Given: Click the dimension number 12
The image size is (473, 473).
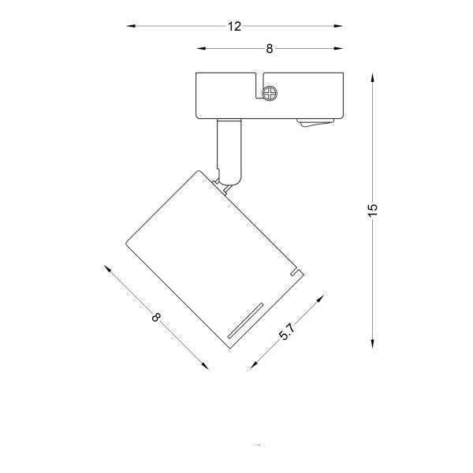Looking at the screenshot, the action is (234, 27).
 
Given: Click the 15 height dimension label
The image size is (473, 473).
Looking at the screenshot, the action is (373, 210).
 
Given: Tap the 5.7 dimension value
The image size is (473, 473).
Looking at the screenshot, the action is (287, 332).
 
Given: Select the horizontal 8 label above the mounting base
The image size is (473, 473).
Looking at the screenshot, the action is (270, 49).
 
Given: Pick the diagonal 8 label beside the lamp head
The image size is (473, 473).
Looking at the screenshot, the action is (156, 317).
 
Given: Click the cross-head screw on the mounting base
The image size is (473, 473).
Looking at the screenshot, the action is (270, 93).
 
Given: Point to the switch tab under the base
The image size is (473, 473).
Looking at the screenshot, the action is (315, 122).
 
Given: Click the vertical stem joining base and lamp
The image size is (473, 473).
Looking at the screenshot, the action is (229, 151).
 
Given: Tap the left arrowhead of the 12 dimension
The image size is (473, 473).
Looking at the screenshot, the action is (131, 26).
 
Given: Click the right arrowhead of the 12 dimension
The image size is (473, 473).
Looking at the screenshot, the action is (338, 26).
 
